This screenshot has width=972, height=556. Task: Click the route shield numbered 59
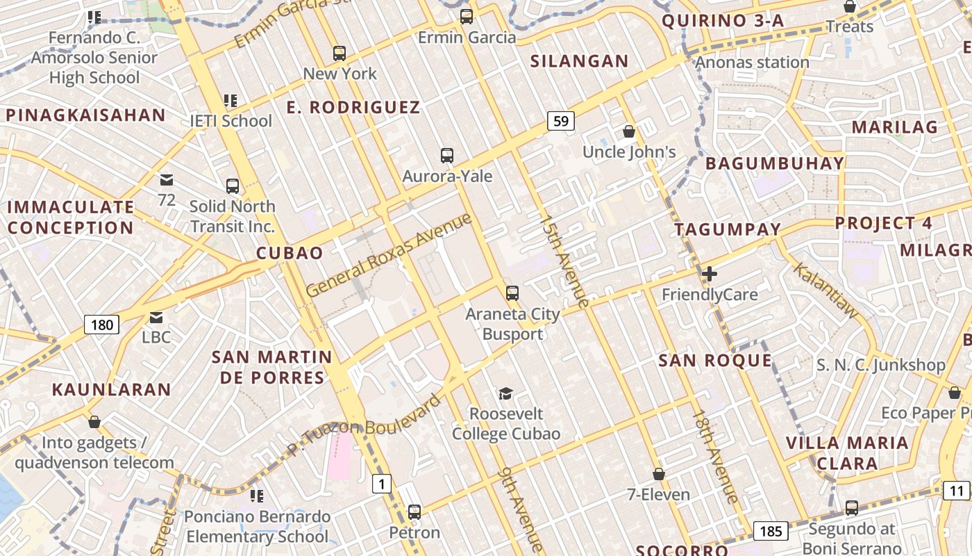(x=561, y=121)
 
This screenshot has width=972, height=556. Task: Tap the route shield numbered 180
(x=101, y=324)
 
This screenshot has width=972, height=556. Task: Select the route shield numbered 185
(x=771, y=532)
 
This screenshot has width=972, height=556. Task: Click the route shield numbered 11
(x=957, y=491)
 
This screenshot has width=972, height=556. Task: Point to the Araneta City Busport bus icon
(x=512, y=293)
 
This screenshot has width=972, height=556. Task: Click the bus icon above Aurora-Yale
(x=447, y=156)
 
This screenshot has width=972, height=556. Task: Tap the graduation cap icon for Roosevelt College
(x=505, y=393)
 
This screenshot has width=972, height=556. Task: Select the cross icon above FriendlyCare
(x=709, y=274)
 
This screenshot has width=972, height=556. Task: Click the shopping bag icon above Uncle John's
(x=629, y=131)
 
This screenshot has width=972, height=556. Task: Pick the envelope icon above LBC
(x=156, y=318)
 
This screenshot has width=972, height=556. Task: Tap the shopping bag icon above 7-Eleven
(x=659, y=474)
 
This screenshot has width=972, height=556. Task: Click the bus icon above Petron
(x=414, y=512)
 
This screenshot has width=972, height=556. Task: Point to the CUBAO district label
(x=290, y=253)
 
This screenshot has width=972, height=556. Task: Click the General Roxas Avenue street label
(x=389, y=256)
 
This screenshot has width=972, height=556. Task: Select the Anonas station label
(x=753, y=63)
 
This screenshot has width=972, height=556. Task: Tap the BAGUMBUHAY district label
(x=775, y=164)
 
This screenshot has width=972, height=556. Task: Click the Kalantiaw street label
(x=826, y=291)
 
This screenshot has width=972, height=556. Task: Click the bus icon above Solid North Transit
(x=233, y=186)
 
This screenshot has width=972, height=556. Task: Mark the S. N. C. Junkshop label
(x=880, y=365)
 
